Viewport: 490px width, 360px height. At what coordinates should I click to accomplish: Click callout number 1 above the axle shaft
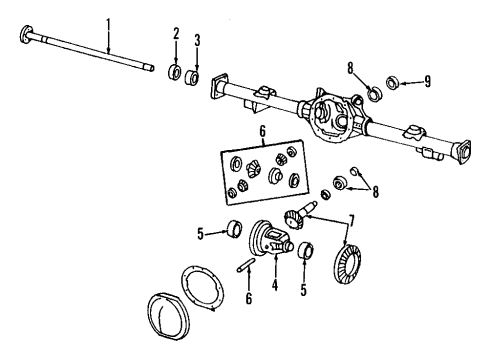[x=110, y=22]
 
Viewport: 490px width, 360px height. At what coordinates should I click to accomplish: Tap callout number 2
[x=176, y=35]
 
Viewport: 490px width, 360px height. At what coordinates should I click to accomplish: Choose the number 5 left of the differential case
[x=200, y=235]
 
